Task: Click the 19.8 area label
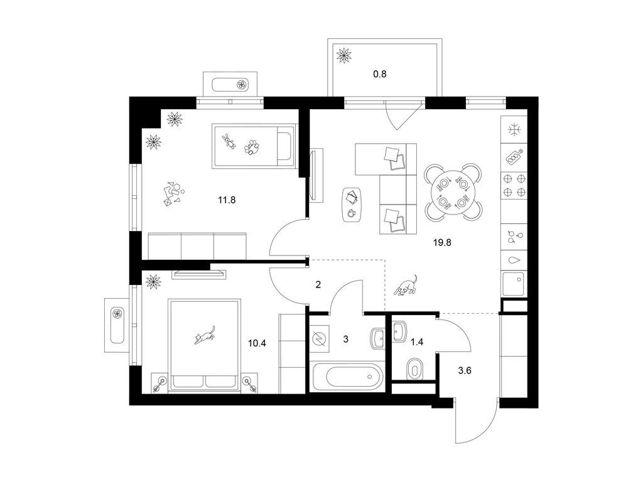442,243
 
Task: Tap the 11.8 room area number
227,200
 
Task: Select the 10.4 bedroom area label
257,343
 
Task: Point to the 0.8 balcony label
380,75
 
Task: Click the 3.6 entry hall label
465,371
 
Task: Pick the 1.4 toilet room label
417,342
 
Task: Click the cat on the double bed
205,335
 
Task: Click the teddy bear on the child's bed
229,141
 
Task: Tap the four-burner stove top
514,185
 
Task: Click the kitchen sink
514,283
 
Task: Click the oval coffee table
352,205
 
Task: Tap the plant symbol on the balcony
343,55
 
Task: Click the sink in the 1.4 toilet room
399,331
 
